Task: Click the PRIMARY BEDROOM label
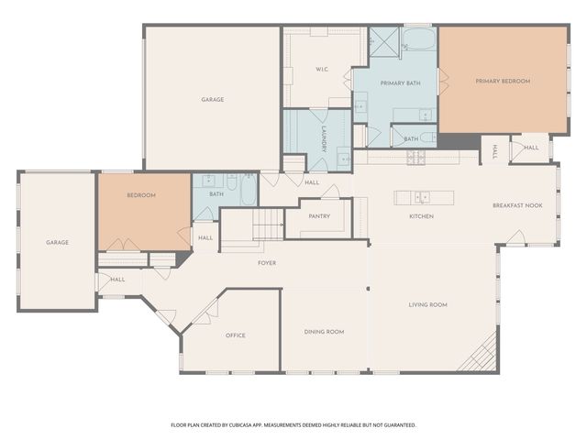coord(503,82)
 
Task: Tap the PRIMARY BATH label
coord(401,83)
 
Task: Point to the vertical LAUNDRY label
coord(325,140)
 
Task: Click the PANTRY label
coord(319,217)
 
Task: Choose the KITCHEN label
coord(421,216)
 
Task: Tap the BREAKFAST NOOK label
coord(517,205)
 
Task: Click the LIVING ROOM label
coord(427,304)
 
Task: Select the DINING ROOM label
coord(324,331)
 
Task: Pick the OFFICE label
coord(236,335)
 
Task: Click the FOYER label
coord(267,263)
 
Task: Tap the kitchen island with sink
coord(424,196)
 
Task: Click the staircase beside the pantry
coord(267,225)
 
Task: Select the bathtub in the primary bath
coord(419,40)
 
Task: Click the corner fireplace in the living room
coord(481,356)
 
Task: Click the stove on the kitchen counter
coord(415,157)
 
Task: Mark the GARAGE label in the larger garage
coord(213,99)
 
